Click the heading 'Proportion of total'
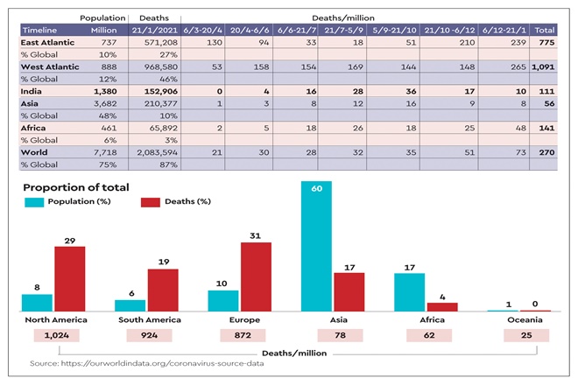click(76, 186)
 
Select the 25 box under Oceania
click(523, 335)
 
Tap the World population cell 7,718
click(105, 152)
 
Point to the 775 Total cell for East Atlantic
click(542, 42)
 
